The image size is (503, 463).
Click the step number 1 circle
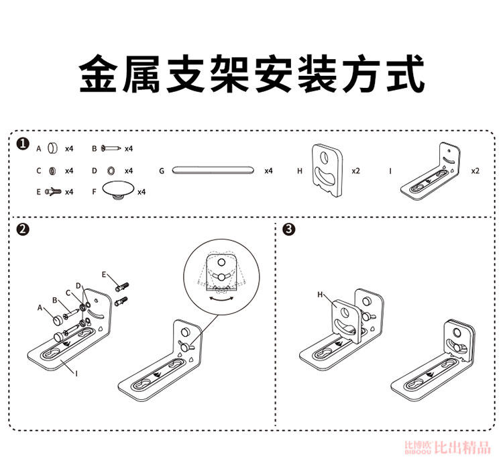[x=23, y=144]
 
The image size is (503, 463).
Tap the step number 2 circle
[x=23, y=229]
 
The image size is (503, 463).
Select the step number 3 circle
[x=288, y=229]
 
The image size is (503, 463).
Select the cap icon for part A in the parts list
[x=53, y=148]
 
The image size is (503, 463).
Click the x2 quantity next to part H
[x=356, y=171]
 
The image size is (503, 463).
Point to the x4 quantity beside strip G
[x=268, y=171]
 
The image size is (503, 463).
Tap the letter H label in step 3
[x=321, y=294]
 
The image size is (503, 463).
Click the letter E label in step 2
[x=105, y=274]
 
